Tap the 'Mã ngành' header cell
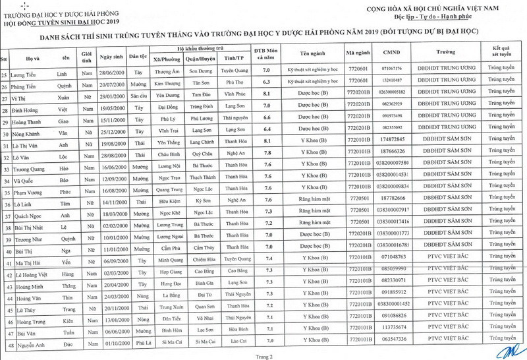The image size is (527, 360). point(358,51)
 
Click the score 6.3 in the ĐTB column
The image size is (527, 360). point(266,82)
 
